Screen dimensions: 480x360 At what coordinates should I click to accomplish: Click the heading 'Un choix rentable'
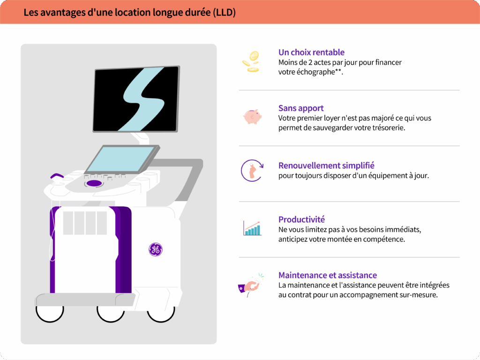coord(311,52)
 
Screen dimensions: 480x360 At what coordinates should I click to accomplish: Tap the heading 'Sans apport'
coord(301,108)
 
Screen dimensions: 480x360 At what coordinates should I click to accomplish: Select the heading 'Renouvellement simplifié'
coord(326,165)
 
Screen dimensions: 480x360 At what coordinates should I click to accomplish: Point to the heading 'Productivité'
coord(301,219)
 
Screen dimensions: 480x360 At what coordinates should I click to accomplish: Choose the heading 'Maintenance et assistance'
coord(328,275)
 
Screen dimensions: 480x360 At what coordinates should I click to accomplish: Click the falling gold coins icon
coord(251,61)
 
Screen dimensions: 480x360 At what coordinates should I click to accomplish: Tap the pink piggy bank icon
coord(252,117)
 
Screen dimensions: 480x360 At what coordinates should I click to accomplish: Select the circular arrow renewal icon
coord(252,171)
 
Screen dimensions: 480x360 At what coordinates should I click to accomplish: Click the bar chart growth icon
coord(252,228)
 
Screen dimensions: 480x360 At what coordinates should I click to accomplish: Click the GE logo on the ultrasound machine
coord(156,249)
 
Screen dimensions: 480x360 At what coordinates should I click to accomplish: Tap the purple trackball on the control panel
coord(94,183)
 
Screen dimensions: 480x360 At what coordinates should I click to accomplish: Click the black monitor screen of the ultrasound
coord(136,99)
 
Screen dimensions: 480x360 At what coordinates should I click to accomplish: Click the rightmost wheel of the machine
coord(161,315)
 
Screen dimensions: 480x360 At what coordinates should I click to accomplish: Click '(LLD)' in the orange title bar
coord(225,13)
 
